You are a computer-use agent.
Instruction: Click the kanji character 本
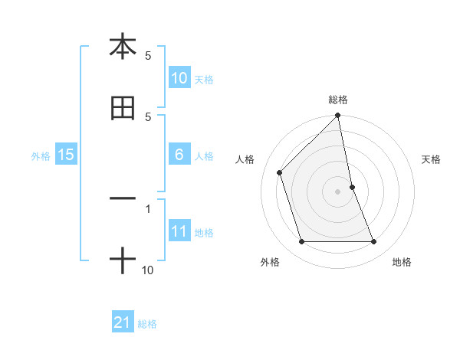pos(123,47)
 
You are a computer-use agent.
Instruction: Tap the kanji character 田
pos(123,109)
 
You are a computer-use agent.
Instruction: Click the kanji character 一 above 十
pos(123,198)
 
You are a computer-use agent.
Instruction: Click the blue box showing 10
pos(179,77)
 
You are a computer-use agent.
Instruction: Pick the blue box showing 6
pos(179,155)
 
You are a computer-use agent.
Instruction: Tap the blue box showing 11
pos(179,231)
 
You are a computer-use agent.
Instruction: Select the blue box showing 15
pos(66,155)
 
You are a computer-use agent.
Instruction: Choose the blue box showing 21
pos(123,322)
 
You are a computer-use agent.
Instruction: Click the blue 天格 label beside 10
pos(204,79)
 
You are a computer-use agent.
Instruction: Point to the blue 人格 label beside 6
pos(204,156)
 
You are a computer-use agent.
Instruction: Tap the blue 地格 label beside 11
pos(204,233)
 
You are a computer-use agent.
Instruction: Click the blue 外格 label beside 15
pos(41,156)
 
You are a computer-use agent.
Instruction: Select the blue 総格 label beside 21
pos(147,324)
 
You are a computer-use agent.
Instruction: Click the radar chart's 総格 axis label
pos(338,100)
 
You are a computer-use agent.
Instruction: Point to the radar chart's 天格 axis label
pos(432,159)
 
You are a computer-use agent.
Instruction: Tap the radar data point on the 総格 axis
pos(338,116)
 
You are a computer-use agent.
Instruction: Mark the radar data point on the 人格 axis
pos(280,172)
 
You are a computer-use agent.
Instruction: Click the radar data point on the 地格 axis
pos(374,242)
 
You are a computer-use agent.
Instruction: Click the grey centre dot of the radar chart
pos(338,191)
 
